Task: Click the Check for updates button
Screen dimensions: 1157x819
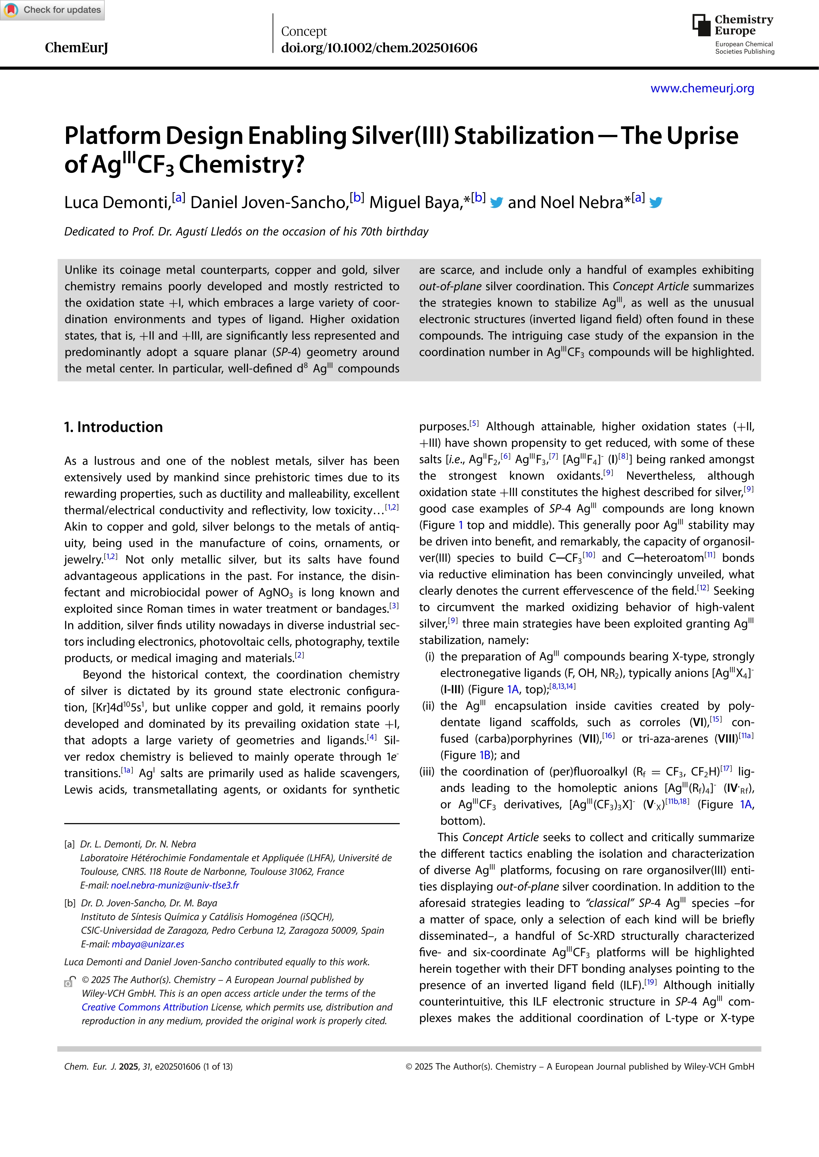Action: tap(53, 10)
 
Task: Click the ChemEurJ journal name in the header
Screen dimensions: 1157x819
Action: tap(76, 48)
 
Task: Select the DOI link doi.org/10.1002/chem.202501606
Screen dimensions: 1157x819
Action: tap(379, 48)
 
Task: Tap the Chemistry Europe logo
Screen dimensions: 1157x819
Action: tap(733, 33)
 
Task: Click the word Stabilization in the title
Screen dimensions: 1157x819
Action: tap(523, 136)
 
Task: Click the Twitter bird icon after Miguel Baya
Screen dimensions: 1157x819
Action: tap(496, 203)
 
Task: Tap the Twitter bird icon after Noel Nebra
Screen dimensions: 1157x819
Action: tap(655, 203)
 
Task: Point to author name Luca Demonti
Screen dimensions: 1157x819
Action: tap(117, 203)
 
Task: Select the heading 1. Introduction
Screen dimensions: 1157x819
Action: tap(114, 427)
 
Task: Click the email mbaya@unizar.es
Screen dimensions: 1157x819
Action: tap(148, 944)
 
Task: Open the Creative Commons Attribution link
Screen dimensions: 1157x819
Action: tap(145, 1007)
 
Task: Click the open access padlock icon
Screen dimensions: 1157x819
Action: tap(70, 981)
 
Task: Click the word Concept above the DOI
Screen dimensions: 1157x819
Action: tap(303, 31)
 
